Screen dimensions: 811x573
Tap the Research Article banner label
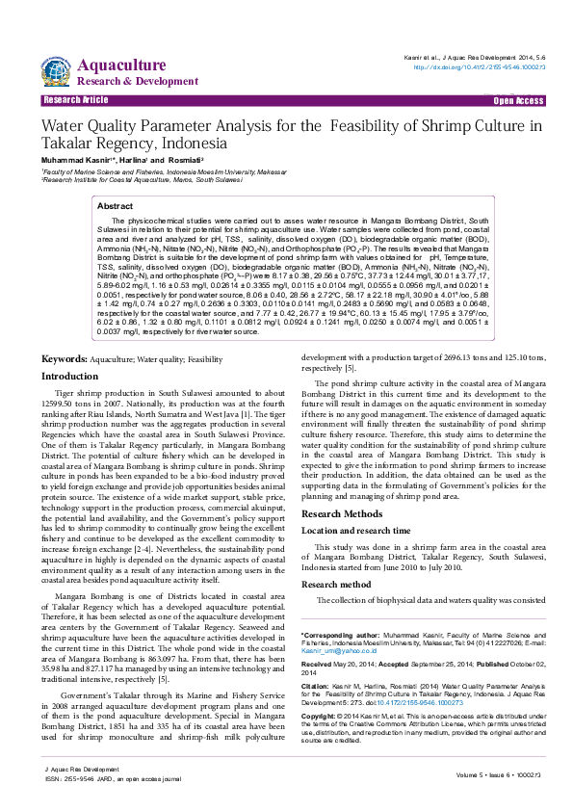pos(75,100)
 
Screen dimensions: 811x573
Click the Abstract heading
pos(116,206)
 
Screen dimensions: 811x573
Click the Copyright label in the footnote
pos(322,718)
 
